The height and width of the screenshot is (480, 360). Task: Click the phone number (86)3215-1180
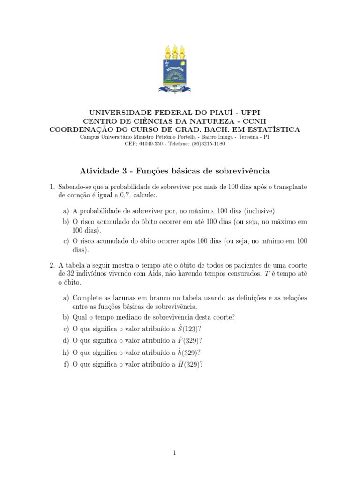209,144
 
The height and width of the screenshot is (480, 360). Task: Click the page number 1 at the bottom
174,453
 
